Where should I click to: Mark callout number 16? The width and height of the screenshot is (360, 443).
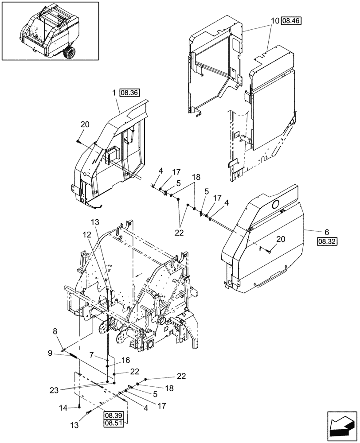tap(125, 360)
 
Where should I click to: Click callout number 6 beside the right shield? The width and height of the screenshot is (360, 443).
tap(326, 232)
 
